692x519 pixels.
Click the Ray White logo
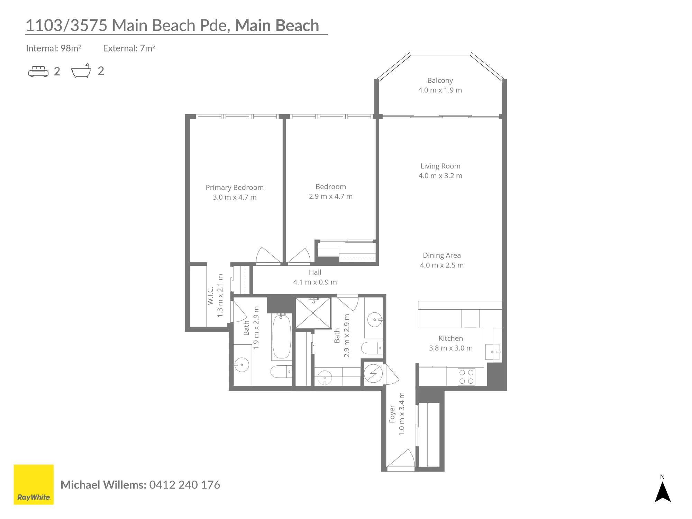point(34,484)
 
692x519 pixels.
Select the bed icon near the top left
point(38,71)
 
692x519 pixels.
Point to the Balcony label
point(440,80)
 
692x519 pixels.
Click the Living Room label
point(440,166)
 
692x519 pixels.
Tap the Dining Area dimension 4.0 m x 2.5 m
point(441,265)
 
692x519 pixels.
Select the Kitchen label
point(450,338)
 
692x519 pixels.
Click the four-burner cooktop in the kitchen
point(466,377)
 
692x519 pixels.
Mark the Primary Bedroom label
point(235,188)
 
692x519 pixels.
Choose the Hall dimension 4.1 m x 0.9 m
point(315,282)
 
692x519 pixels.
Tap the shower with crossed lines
point(313,313)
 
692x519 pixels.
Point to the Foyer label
point(392,414)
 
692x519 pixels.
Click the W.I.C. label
point(210,296)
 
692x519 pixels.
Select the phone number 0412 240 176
point(184,485)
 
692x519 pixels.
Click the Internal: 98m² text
point(54,48)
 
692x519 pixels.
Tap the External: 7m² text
point(129,48)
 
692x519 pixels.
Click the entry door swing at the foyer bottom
point(401,458)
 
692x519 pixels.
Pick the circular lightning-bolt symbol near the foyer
point(373,374)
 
